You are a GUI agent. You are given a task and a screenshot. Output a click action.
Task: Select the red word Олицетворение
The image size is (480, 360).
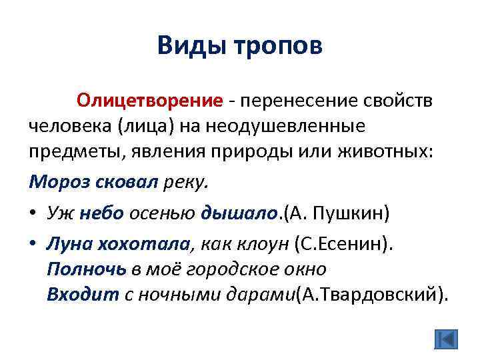(x=149, y=101)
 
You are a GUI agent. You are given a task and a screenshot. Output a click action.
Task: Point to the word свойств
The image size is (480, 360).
(x=399, y=101)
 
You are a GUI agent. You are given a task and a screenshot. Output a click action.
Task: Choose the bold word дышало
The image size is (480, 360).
(x=237, y=213)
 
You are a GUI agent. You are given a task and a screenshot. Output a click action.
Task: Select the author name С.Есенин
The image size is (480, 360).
(x=341, y=245)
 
